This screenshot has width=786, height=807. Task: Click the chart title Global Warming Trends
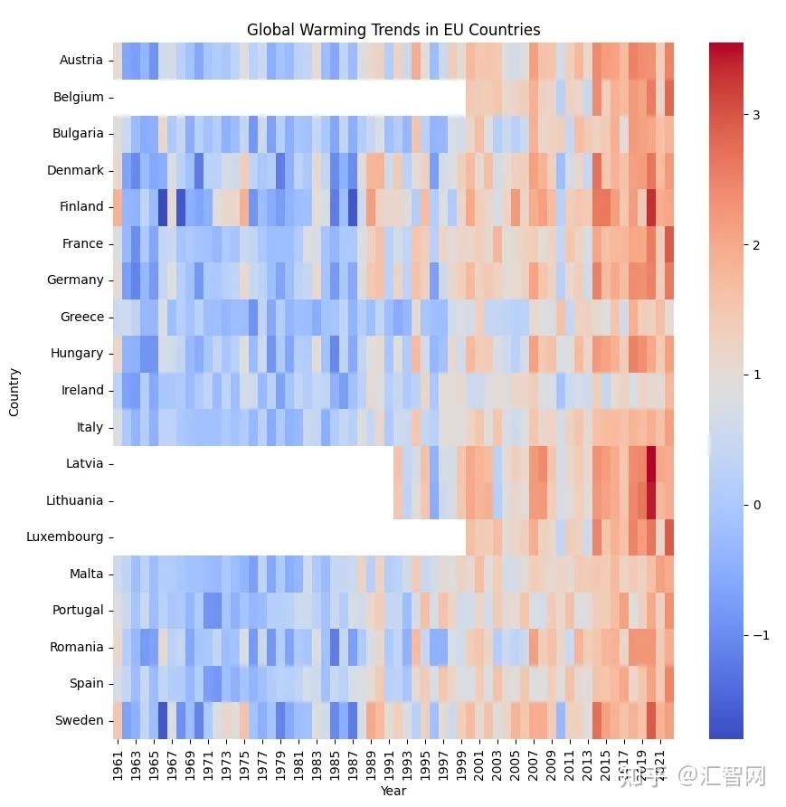(x=393, y=30)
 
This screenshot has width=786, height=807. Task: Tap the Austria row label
(x=81, y=61)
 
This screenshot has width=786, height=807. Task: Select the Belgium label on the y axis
(x=79, y=97)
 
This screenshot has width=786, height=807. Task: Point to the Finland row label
(x=82, y=206)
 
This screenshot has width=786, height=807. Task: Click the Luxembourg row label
(x=65, y=536)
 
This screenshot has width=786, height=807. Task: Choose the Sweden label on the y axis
(x=81, y=720)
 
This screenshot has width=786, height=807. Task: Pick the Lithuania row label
(x=75, y=500)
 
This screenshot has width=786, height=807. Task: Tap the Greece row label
(x=82, y=317)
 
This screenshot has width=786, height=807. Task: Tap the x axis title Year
(x=393, y=791)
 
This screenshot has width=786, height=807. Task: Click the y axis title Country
(x=14, y=391)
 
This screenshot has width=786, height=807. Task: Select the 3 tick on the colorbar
(x=756, y=115)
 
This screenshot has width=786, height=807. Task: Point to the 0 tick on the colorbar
(x=756, y=505)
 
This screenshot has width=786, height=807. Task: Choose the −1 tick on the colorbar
(x=760, y=635)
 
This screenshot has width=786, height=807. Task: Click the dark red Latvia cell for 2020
(x=650, y=463)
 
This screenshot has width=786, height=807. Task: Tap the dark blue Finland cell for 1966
(x=163, y=206)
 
